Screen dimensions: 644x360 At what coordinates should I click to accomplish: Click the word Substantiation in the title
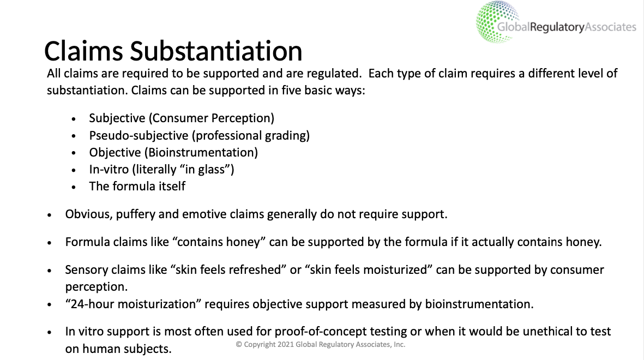(216, 51)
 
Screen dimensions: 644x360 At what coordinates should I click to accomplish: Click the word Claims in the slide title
(83, 51)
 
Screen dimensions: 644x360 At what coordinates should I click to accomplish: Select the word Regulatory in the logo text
(557, 27)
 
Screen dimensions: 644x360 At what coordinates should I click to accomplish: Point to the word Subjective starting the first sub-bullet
(117, 118)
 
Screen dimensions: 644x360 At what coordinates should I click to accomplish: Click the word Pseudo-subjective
(139, 136)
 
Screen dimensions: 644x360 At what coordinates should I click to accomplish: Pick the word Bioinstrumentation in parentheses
(201, 153)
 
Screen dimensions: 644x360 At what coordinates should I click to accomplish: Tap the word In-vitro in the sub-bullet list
(109, 169)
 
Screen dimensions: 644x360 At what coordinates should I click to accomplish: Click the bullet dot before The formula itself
(74, 187)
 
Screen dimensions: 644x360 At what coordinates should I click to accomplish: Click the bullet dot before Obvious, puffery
(50, 215)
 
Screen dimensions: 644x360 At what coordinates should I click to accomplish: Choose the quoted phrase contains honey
(219, 242)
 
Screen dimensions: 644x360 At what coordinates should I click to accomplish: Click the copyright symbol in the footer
(239, 344)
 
